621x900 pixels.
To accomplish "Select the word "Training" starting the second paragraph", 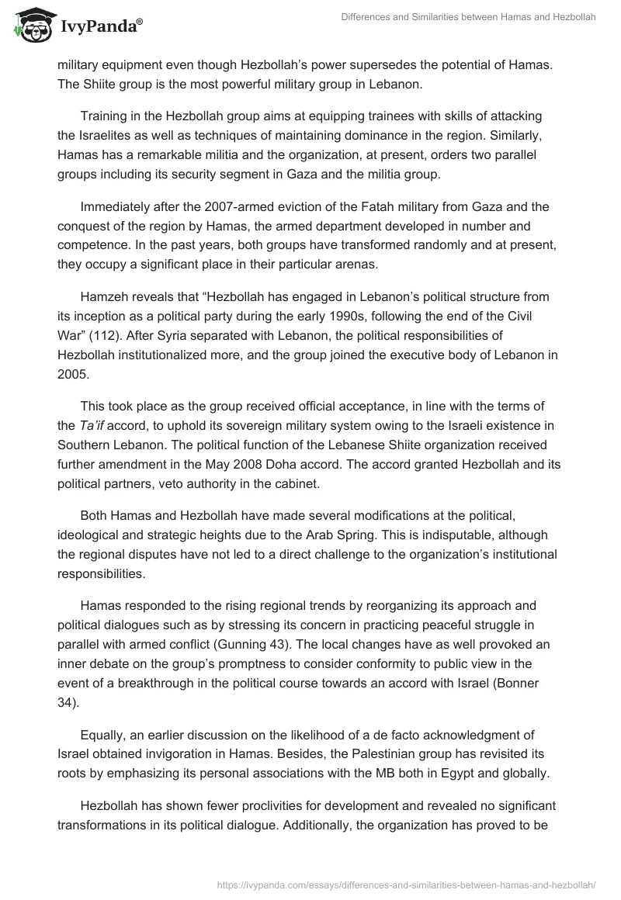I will [106, 116].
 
